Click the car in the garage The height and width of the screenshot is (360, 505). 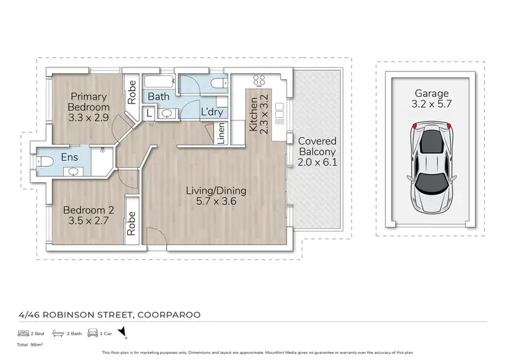(x=430, y=166)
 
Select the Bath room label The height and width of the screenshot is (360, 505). (x=159, y=97)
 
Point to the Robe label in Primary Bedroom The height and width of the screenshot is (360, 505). (x=133, y=92)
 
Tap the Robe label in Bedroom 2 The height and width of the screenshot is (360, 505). (x=132, y=222)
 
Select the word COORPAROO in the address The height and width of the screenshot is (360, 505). (x=168, y=314)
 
